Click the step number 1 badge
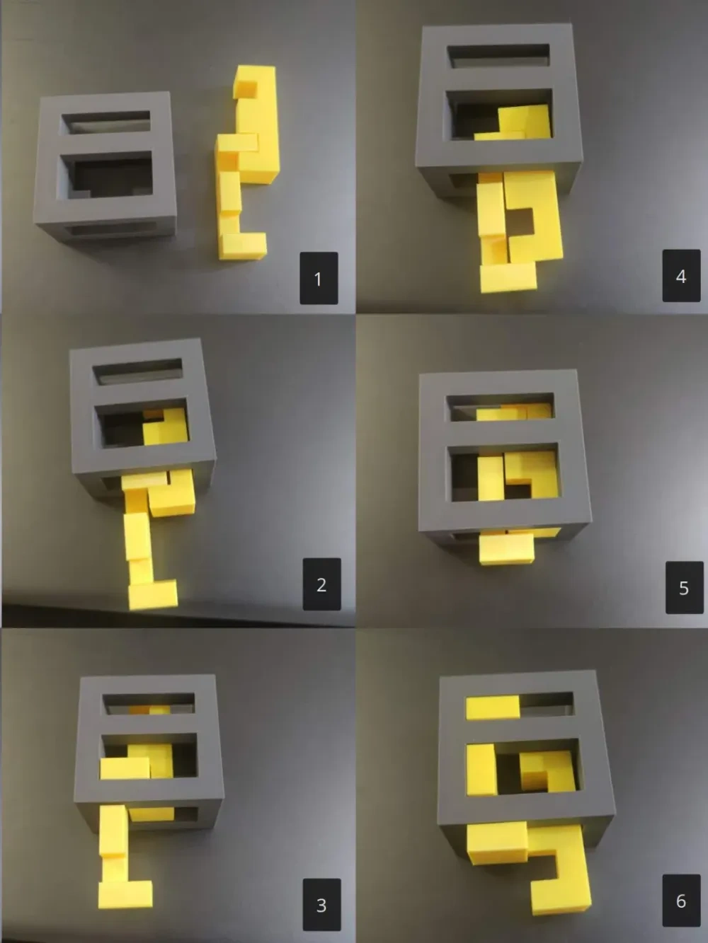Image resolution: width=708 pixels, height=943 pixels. [x=319, y=279]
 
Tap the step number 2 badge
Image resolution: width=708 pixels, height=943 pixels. [x=321, y=584]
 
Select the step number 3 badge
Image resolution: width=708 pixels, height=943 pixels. [x=321, y=905]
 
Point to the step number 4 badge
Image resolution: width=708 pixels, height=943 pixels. [x=681, y=275]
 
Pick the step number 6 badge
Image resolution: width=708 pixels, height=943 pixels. [x=681, y=901]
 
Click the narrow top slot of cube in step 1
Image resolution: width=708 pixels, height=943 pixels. [x=106, y=121]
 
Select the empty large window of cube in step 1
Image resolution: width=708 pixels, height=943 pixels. [x=108, y=175]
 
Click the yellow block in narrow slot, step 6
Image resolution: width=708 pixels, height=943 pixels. [x=493, y=707]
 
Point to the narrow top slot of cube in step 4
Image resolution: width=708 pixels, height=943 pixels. [x=498, y=56]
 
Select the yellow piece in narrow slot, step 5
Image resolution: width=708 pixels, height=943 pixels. [x=514, y=412]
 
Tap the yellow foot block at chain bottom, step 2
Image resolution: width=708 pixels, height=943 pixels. [x=153, y=594]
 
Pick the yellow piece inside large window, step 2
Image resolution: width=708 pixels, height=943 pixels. [x=166, y=427]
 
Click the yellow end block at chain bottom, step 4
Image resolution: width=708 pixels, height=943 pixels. [x=509, y=277]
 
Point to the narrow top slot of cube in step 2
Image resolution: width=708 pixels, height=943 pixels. [x=137, y=371]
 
